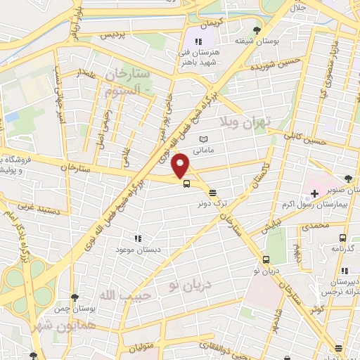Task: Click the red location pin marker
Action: tap(181, 165)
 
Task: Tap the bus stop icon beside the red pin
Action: tap(186, 184)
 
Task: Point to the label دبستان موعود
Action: tap(138, 250)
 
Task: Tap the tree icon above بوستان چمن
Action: tap(75, 298)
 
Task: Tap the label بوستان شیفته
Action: tap(252, 39)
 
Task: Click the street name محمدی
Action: tap(314, 226)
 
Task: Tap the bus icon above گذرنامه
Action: tap(342, 238)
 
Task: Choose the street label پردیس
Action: tap(115, 34)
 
